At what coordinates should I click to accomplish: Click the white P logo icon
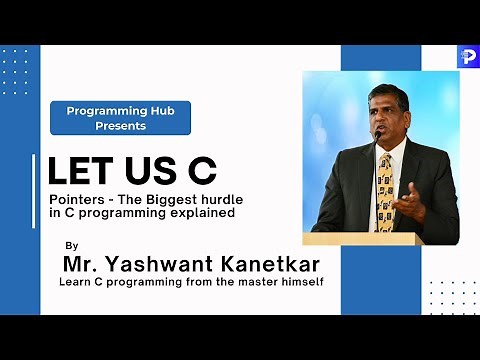tap(467, 57)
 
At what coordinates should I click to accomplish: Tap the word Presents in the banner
tap(121, 126)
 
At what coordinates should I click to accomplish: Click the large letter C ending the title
tap(201, 173)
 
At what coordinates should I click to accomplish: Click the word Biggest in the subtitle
tap(176, 199)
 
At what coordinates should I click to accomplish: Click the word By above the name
tap(70, 245)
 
